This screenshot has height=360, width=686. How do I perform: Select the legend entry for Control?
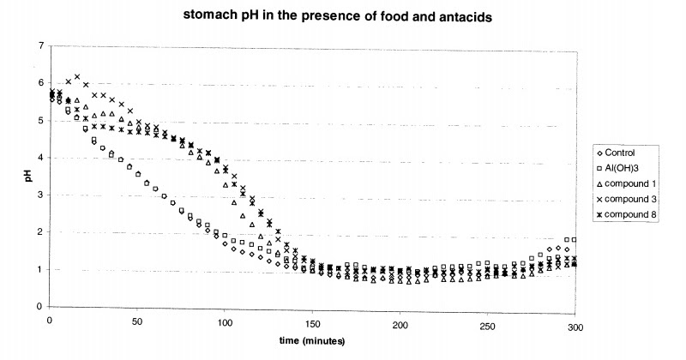click(622, 153)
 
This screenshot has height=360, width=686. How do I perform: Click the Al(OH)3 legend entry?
click(623, 168)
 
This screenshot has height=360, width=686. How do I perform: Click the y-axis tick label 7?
click(39, 45)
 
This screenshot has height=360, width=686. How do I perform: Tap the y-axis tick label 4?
click(39, 158)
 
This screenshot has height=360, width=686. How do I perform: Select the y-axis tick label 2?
click(39, 232)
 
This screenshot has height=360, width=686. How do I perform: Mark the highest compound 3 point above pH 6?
click(77, 77)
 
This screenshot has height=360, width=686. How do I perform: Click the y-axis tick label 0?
click(39, 307)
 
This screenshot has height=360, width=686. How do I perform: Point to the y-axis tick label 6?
click(39, 83)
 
